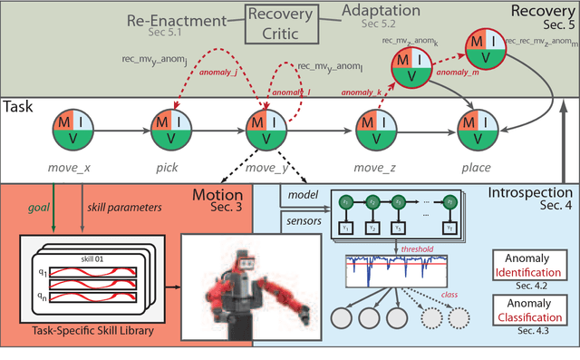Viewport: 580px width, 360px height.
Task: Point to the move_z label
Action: pos(371,167)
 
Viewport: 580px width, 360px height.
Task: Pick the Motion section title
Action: pos(217,194)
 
